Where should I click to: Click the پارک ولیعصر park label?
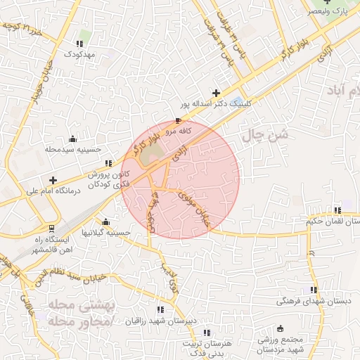tap(330, 12)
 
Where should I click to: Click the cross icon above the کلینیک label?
tap(216, 92)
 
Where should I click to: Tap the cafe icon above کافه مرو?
tap(177, 121)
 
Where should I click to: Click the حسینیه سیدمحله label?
tap(74, 149)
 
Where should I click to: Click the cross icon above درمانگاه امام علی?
tap(53, 179)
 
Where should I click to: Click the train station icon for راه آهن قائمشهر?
tap(51, 229)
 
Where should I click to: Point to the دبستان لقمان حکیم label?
tap(333, 221)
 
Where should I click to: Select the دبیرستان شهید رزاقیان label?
tap(160, 320)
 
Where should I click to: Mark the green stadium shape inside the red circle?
tap(148, 157)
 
